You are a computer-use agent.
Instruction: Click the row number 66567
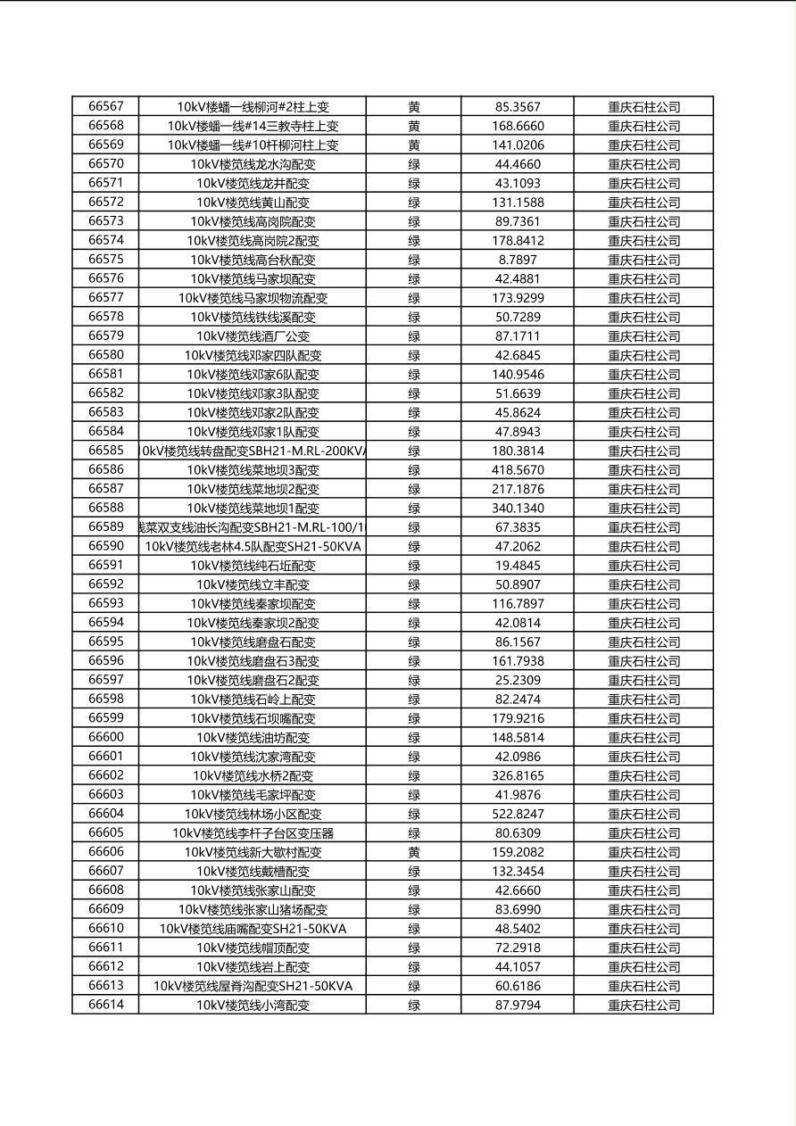(x=106, y=106)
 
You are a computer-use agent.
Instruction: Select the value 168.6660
(x=518, y=126)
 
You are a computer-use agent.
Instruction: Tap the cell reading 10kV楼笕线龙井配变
(x=253, y=183)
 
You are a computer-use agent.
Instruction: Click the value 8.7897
(x=518, y=260)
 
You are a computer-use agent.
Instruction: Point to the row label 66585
(x=106, y=451)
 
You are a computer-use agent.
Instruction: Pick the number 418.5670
(x=518, y=469)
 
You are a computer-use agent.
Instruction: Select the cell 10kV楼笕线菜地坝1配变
(x=253, y=508)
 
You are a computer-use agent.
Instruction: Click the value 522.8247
(x=518, y=814)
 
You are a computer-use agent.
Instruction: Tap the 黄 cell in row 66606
(x=414, y=852)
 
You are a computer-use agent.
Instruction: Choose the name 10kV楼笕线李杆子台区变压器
(x=253, y=833)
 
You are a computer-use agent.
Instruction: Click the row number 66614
(x=106, y=1005)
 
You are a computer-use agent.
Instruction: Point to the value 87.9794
(x=518, y=1005)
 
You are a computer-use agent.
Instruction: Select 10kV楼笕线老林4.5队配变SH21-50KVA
(x=253, y=546)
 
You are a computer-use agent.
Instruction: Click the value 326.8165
(x=518, y=775)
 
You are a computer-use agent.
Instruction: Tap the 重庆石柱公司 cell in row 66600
(x=643, y=738)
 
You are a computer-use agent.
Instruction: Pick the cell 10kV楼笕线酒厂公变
(x=253, y=336)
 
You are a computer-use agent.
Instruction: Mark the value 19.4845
(x=518, y=565)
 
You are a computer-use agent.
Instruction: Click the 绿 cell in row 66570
(x=414, y=164)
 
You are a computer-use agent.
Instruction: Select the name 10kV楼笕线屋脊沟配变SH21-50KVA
(x=253, y=986)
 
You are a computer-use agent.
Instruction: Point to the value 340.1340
(x=518, y=508)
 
